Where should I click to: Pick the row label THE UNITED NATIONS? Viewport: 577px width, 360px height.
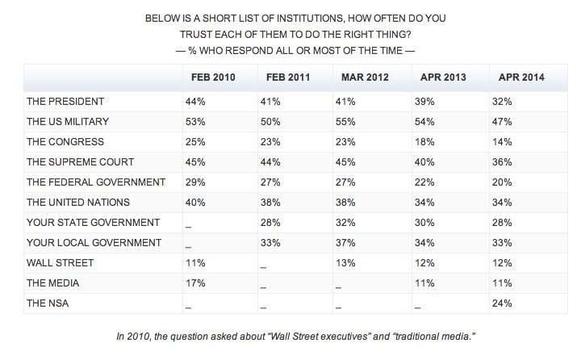(x=77, y=201)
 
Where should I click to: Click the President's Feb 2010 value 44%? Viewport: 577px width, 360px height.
(x=194, y=101)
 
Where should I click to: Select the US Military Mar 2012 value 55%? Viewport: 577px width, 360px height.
(x=345, y=121)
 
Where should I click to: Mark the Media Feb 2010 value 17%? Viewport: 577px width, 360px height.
(x=194, y=282)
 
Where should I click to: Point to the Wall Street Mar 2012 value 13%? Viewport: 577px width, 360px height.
(x=345, y=262)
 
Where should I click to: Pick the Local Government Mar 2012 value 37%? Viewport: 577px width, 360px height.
(x=345, y=241)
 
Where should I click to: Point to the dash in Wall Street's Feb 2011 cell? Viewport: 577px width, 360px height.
(x=263, y=263)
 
